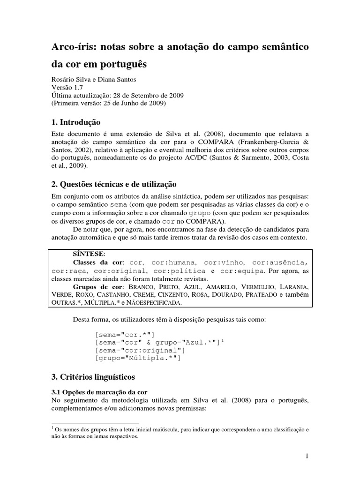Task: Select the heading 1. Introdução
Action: [x=75, y=122]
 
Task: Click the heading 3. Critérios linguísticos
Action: [x=92, y=376]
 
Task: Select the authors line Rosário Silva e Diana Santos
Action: [x=93, y=79]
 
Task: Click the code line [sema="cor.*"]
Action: [x=124, y=334]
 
